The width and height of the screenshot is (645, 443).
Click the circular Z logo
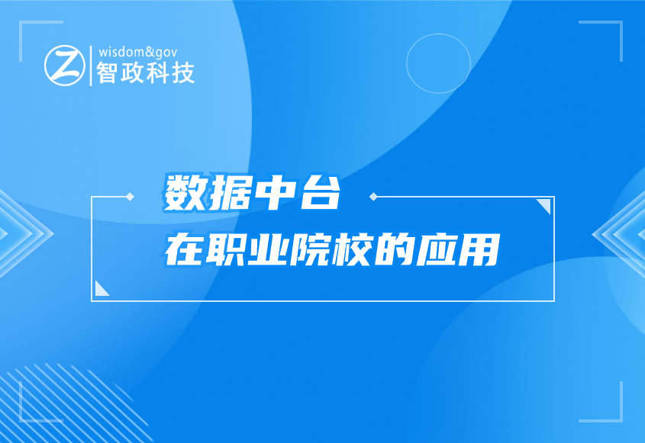[65, 66]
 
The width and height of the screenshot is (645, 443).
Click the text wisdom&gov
[138, 52]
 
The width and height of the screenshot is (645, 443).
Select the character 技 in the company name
[183, 72]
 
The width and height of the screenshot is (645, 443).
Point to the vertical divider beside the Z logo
[91, 66]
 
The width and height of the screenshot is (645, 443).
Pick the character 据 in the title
[230, 193]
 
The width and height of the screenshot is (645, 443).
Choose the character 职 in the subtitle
[226, 249]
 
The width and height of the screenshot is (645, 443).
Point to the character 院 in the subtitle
[310, 249]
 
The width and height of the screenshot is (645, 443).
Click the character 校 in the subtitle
[353, 249]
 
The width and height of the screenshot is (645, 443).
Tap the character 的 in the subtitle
[395, 249]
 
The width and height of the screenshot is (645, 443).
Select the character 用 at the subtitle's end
[479, 249]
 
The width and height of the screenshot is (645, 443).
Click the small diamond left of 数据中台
[130, 197]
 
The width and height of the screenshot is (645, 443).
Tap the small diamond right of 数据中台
[373, 197]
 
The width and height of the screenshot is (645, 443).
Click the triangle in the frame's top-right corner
[546, 204]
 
